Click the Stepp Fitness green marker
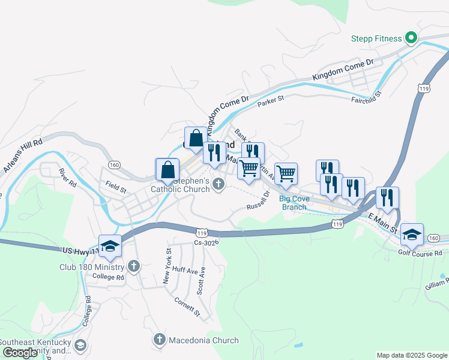pos(411,38)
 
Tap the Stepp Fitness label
pos(376,39)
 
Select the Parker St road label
pos(270,103)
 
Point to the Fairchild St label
pos(367,97)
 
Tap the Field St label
pos(116,187)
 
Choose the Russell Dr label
pos(259,201)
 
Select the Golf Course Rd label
pos(420,253)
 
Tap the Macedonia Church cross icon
pos(160,340)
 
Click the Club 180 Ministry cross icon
pos(133,266)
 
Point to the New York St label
pos(169,266)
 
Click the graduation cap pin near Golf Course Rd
pos(412,234)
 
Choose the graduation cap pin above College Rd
pos(110,245)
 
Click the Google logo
pos(20,352)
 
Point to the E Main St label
pos(383,221)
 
